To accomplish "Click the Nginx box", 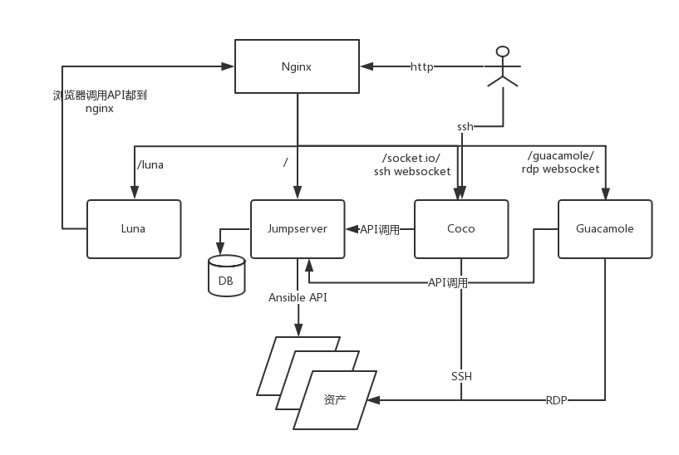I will point(296,66).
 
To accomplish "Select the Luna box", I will point(135,228).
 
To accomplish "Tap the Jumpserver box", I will point(297,228).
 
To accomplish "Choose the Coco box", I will point(460,228).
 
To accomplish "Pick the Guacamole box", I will point(604,228).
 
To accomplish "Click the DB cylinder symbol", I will point(226,276).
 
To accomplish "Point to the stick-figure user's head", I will point(502,51).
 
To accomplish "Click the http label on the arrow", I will point(422,66).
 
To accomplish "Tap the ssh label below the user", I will point(465,126).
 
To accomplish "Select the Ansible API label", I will point(298,297).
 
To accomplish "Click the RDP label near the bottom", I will point(557,400).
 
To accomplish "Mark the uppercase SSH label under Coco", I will point(461,376).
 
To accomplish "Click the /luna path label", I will point(150,164).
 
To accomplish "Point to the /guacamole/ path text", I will point(560,156).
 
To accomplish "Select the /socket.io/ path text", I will point(411,158).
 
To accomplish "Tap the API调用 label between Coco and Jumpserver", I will point(379,229).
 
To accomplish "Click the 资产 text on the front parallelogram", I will point(334,399).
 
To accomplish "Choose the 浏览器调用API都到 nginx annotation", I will point(100,101).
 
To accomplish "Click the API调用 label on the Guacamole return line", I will point(448,282).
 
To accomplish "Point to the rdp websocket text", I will point(560,169).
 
